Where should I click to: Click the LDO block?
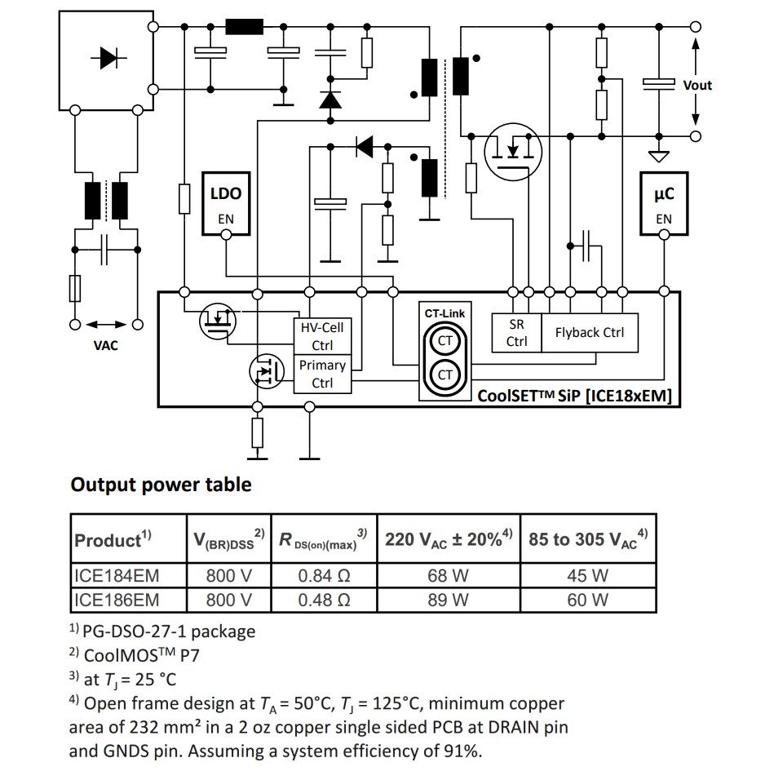[x=226, y=204]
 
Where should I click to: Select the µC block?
[x=664, y=204]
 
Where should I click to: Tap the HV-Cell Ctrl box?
[x=322, y=336]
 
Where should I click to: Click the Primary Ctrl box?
[x=322, y=374]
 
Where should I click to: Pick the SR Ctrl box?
[x=516, y=333]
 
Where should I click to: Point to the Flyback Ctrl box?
[x=589, y=332]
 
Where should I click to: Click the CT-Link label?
[x=444, y=313]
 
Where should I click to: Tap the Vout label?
[x=697, y=85]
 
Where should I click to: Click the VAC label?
[x=105, y=345]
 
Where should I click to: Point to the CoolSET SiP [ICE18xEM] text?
[x=575, y=396]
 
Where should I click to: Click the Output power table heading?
[x=161, y=485]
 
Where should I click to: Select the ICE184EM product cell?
[x=117, y=576]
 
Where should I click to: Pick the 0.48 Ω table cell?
[x=324, y=601]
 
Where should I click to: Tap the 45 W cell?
[x=588, y=576]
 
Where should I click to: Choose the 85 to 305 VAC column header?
[x=588, y=539]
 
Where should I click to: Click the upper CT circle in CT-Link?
[x=445, y=341]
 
